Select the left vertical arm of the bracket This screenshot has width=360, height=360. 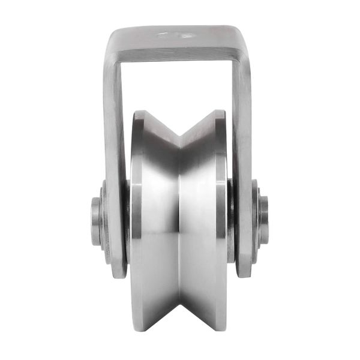tap(115, 150)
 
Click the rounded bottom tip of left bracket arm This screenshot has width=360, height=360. tap(118, 273)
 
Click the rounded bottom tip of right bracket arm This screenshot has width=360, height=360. tap(242, 273)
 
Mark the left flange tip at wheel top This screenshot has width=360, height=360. tap(139, 113)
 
